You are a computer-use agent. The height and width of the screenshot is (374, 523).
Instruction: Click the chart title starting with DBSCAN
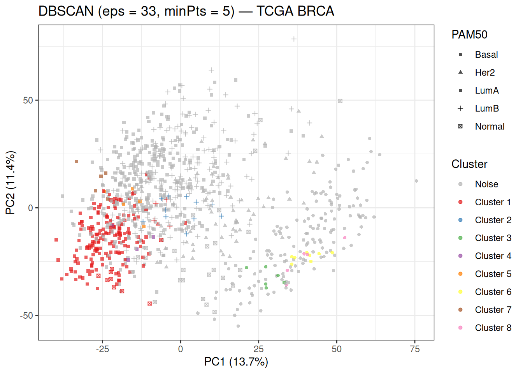[186, 11]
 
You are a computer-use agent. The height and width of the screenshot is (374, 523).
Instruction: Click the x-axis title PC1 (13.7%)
[236, 362]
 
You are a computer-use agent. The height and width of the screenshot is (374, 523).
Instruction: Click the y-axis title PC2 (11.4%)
[11, 183]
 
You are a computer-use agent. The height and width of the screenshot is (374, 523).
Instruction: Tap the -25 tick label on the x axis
[102, 349]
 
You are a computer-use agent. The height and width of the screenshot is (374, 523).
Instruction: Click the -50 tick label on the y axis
[26, 316]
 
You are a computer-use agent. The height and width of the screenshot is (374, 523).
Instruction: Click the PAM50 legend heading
[469, 35]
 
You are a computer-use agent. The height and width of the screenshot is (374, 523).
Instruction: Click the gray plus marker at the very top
[294, 39]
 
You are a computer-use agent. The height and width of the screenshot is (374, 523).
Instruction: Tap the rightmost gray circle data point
[416, 181]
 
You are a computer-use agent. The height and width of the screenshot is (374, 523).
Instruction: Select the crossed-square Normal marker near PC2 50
[340, 101]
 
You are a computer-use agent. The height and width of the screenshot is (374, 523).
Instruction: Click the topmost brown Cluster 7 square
[76, 162]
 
